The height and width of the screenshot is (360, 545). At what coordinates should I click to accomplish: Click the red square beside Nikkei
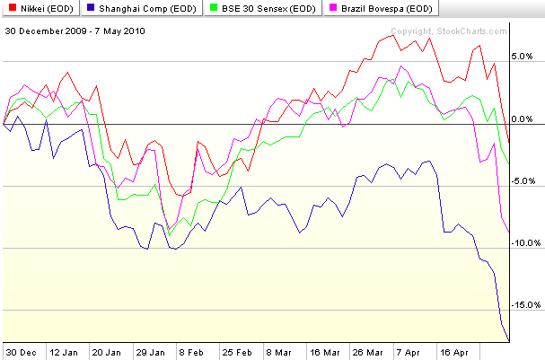click(10, 9)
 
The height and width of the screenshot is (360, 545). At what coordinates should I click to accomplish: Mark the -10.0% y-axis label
click(523, 242)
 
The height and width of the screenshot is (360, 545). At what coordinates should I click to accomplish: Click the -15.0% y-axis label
click(523, 305)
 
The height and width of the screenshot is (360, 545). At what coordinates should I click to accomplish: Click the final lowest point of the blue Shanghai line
click(509, 339)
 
